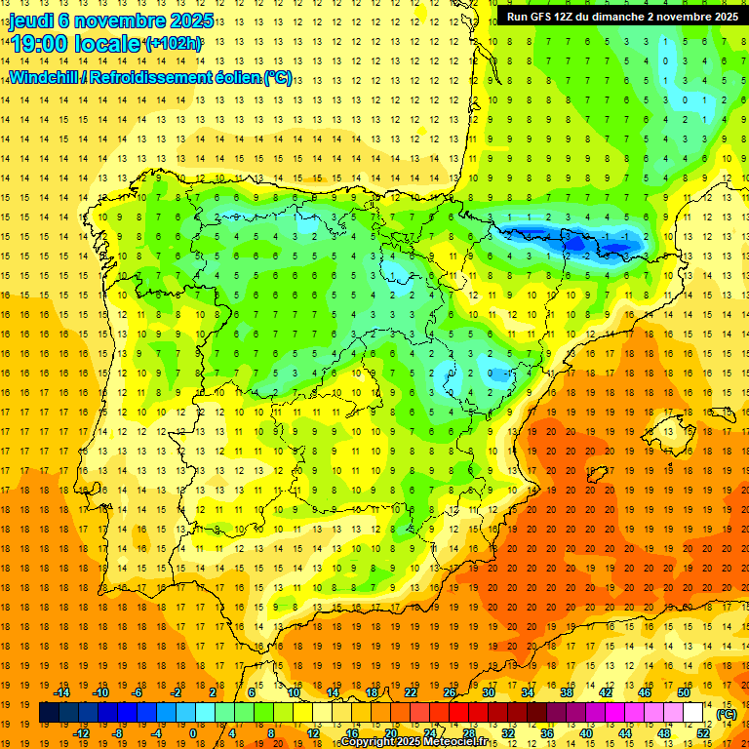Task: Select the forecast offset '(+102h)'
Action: [173, 44]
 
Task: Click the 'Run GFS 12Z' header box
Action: [620, 16]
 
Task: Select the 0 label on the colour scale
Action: [193, 733]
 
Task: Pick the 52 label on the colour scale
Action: [703, 733]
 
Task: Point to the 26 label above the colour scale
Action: [450, 692]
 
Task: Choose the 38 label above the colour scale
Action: [567, 692]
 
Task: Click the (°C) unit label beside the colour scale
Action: [727, 714]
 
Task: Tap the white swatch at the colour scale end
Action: [693, 713]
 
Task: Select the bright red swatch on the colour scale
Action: [459, 713]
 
